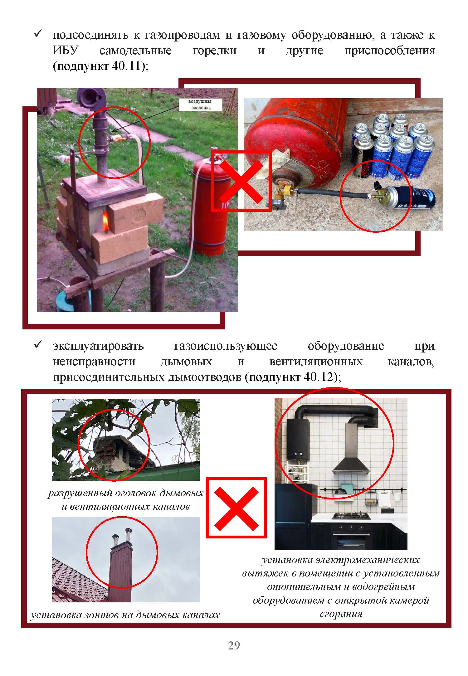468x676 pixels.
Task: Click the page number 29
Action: click(234, 645)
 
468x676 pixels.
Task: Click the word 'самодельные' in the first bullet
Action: click(135, 50)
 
